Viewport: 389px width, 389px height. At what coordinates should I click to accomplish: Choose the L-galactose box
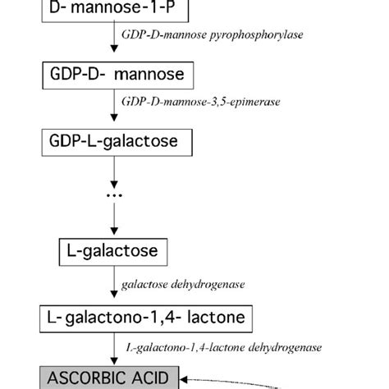(x=114, y=249)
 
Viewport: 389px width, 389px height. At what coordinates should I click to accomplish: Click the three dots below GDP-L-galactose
(x=115, y=195)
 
